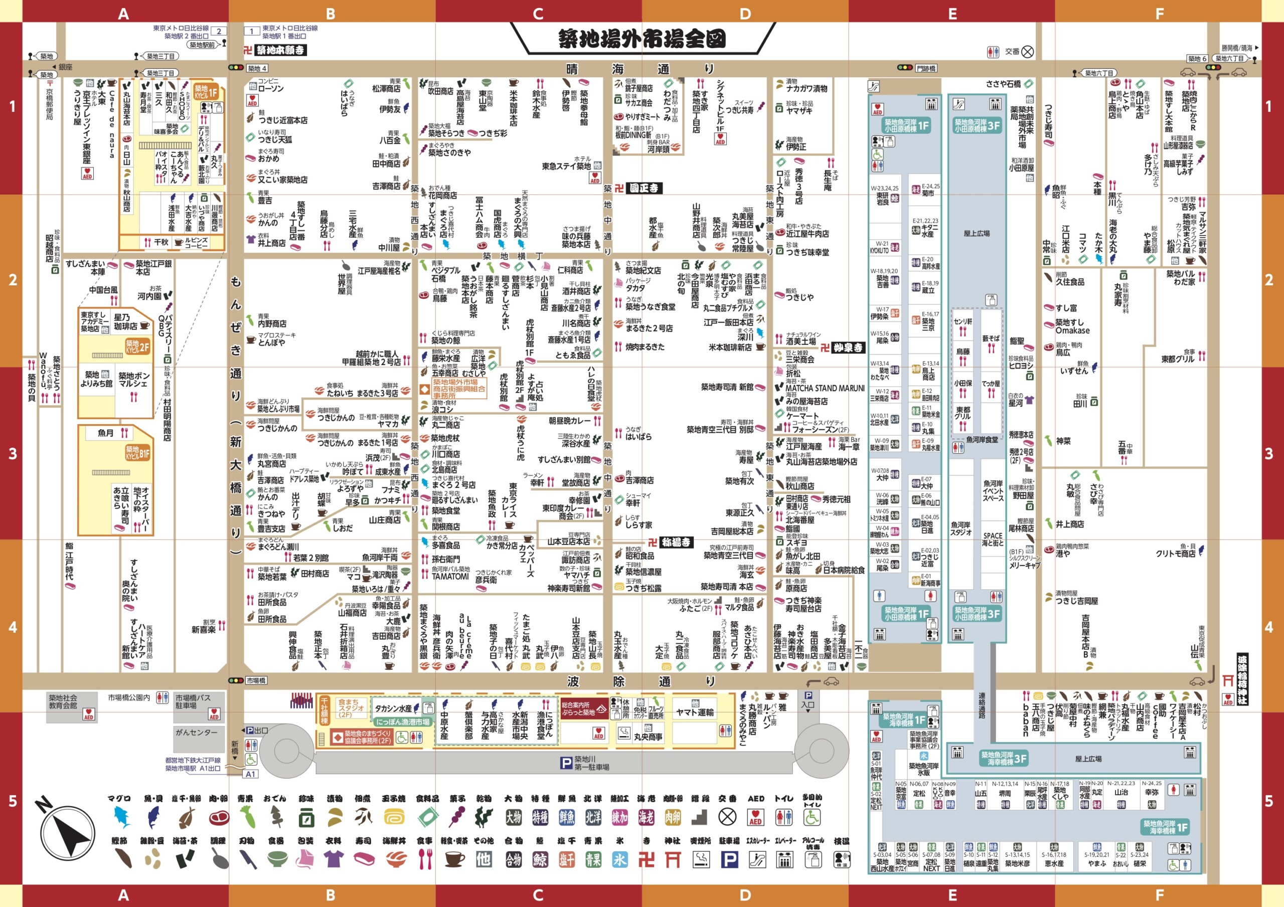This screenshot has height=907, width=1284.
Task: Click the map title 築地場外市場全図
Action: click(641, 39)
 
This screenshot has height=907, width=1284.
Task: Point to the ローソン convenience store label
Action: click(271, 89)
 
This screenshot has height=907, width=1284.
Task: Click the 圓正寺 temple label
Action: click(644, 189)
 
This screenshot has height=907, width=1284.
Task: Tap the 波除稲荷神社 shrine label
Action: click(1242, 679)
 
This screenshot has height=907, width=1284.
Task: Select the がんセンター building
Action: click(196, 733)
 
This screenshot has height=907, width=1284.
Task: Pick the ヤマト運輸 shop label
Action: click(695, 712)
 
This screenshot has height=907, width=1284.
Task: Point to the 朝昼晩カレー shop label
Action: click(570, 421)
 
